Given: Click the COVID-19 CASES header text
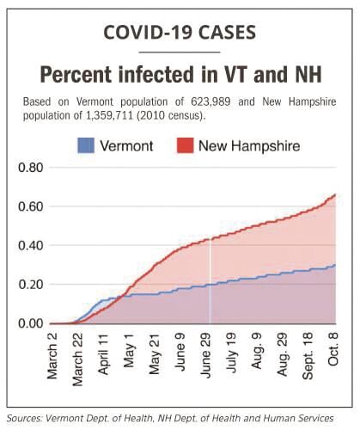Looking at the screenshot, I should (x=179, y=34).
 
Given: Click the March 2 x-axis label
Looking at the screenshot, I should (x=52, y=353).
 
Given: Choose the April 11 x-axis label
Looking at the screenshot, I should (x=104, y=353).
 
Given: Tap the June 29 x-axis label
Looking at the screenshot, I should (x=206, y=353).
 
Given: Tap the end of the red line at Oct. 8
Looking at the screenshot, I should (x=334, y=194).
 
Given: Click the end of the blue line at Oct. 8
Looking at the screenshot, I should (x=334, y=265).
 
